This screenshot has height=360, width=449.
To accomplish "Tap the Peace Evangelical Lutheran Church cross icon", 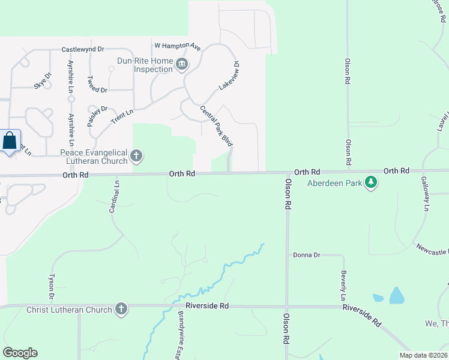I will tap(136, 157).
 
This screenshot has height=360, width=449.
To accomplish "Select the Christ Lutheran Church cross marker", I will tap(121, 310).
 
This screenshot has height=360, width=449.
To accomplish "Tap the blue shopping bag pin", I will tap(10, 142).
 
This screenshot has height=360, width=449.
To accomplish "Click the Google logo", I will tap(20, 353).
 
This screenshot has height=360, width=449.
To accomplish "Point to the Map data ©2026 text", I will tap(423, 355).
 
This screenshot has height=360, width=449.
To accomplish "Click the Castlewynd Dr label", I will tap(83, 49).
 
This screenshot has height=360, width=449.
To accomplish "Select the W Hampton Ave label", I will tap(177, 45).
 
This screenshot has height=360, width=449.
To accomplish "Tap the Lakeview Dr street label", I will tap(229, 75).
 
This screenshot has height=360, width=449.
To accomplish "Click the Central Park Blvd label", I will tap(216, 126).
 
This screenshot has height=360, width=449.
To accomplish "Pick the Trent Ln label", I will tap(122, 116).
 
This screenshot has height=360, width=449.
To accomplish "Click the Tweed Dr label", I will tap(97, 84).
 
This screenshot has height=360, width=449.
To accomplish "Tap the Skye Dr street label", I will tap(43, 81).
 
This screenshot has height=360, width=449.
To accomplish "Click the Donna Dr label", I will tap(306, 255).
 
